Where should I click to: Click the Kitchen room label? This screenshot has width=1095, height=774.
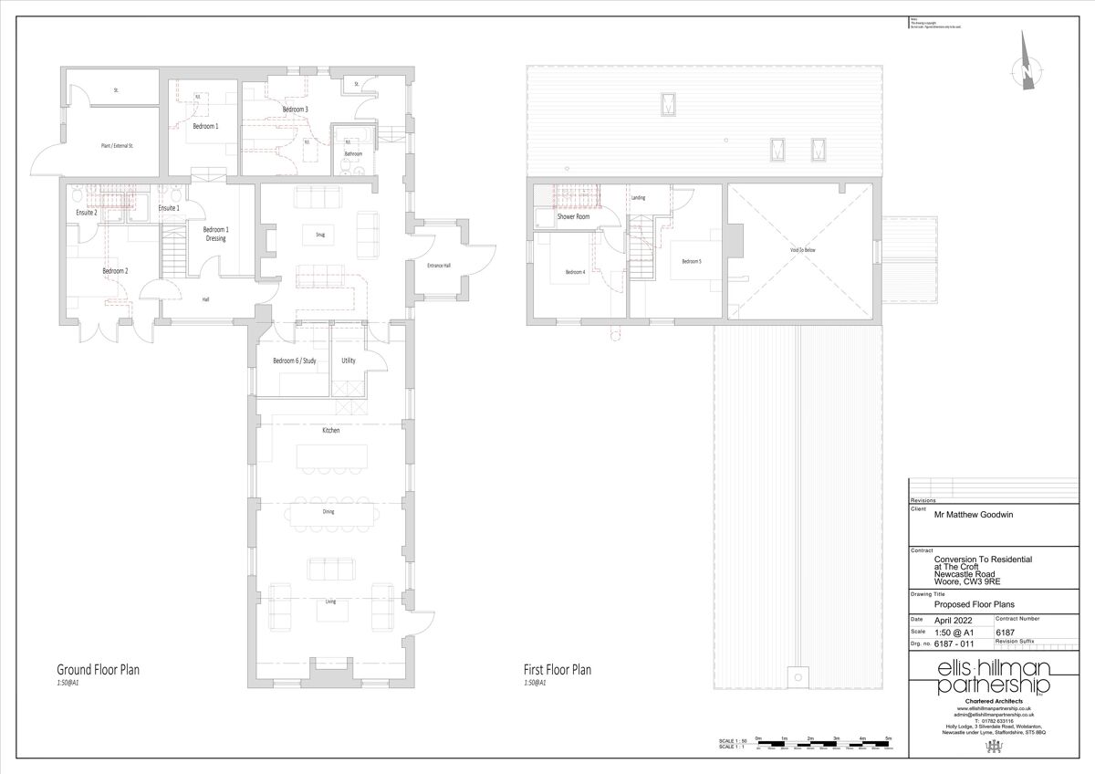(329, 430)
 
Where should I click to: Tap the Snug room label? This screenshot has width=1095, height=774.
(321, 235)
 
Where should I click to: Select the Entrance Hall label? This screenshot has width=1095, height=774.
(439, 266)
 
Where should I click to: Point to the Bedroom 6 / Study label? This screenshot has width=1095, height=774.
(294, 361)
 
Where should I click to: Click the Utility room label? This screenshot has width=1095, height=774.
(348, 361)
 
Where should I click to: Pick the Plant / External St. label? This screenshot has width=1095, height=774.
(117, 145)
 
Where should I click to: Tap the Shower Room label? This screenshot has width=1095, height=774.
(573, 217)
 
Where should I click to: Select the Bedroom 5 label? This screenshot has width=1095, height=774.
(691, 261)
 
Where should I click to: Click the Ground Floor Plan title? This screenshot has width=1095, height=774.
(98, 670)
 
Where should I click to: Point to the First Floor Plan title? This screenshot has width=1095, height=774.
(557, 670)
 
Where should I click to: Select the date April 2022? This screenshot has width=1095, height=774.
(954, 619)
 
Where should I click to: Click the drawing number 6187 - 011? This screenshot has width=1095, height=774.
(954, 643)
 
